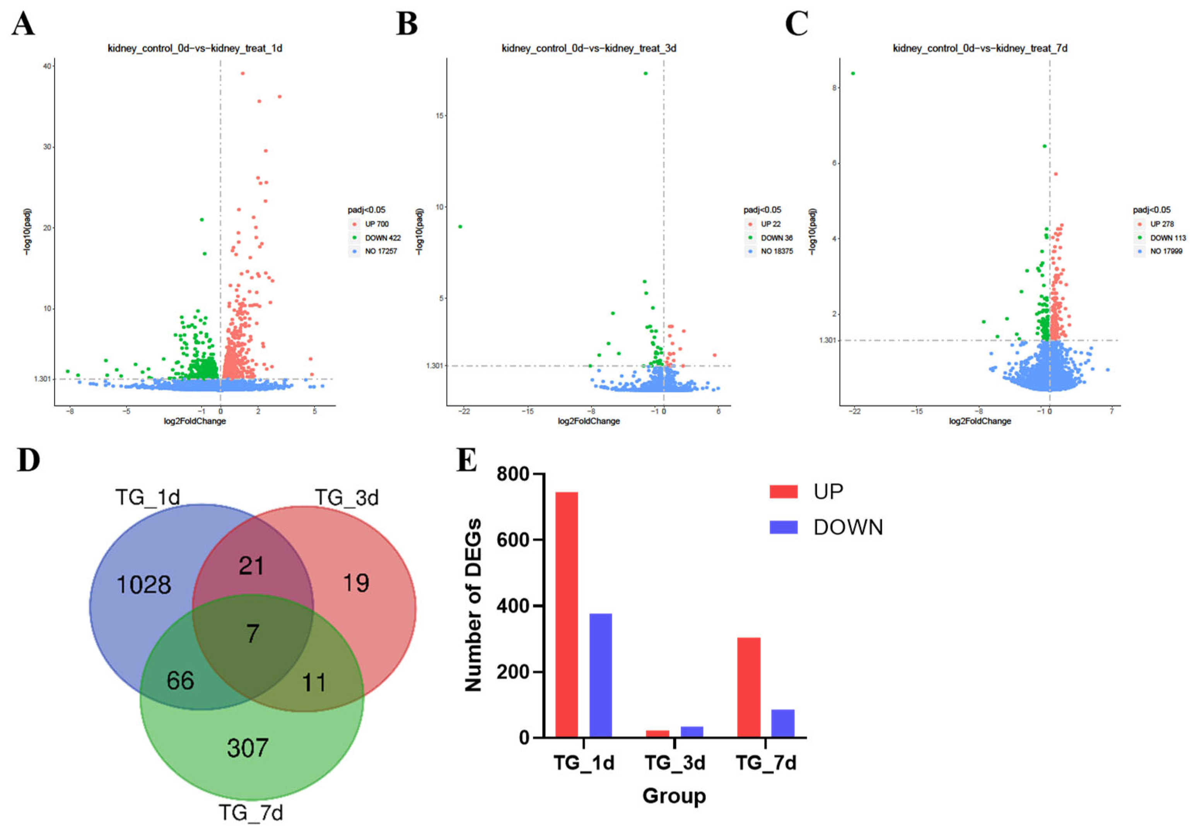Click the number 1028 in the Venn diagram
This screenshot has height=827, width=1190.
point(143,585)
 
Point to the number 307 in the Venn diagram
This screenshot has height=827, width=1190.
point(247,748)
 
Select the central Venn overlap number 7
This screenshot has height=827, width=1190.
point(252,633)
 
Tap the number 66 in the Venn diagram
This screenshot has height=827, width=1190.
point(180,680)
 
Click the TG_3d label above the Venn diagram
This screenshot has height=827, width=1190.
point(347,497)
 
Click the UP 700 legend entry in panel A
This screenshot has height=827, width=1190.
point(376,224)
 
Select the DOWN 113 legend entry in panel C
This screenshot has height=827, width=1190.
point(1167,238)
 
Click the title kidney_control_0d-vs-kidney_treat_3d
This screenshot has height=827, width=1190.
point(589,48)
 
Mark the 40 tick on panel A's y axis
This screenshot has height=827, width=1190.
point(47,66)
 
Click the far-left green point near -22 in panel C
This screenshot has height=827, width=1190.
point(853,73)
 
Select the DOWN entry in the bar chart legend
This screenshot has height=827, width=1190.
point(847,528)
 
